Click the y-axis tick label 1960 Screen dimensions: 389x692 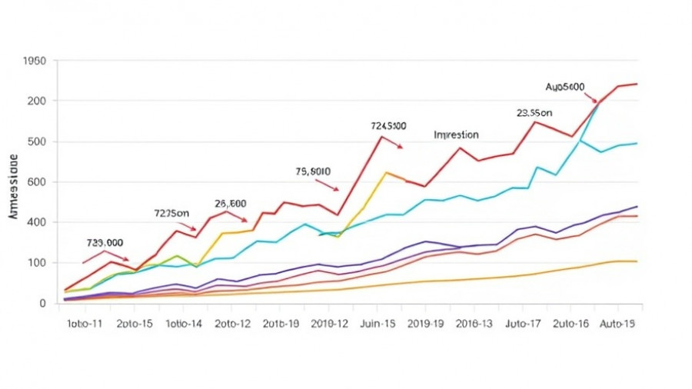35,61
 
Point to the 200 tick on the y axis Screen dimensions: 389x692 36,101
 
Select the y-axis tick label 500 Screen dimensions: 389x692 36,141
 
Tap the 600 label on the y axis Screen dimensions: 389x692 36,182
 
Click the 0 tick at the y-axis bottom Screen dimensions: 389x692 42,303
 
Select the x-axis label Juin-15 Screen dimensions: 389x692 378,324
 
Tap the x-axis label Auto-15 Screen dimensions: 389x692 617,324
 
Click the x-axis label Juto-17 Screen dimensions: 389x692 522,324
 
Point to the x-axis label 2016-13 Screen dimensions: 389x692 475,324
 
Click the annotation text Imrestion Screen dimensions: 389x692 456,135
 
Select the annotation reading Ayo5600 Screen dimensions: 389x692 565,87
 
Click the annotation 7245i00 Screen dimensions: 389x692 388,125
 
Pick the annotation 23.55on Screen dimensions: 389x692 534,112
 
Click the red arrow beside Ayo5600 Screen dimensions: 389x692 590,98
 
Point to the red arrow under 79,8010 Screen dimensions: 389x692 327,185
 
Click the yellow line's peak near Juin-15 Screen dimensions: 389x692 386,172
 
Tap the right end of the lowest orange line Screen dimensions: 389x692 636,261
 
